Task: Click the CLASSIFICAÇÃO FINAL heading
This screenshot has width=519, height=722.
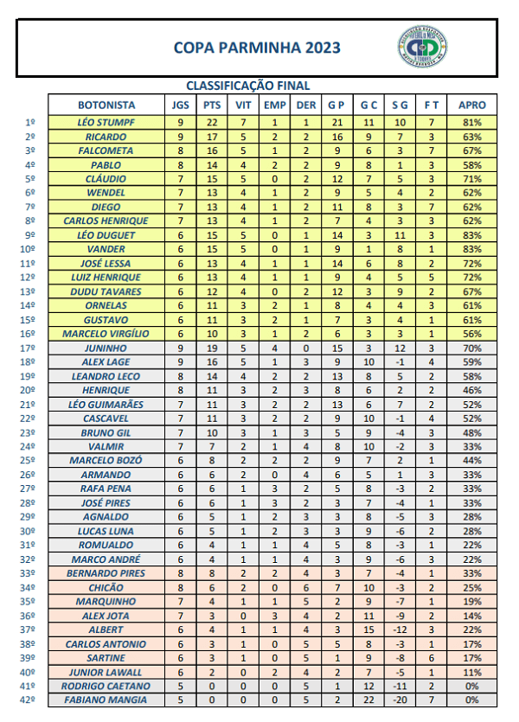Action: pyautogui.click(x=248, y=86)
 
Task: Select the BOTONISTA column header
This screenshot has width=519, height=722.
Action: pyautogui.click(x=106, y=105)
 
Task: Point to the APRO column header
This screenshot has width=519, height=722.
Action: pyautogui.click(x=471, y=105)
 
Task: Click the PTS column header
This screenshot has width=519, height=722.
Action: pyautogui.click(x=212, y=105)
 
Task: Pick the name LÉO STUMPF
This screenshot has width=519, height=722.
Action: pyautogui.click(x=106, y=123)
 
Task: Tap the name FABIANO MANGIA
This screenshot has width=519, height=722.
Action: pyautogui.click(x=106, y=700)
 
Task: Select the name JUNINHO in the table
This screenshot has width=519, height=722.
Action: pyautogui.click(x=106, y=348)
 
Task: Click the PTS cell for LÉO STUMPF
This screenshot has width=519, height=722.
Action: pyautogui.click(x=212, y=123)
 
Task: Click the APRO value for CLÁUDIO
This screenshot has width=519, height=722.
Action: pyautogui.click(x=471, y=179)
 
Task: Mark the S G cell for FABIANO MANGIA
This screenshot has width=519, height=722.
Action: pyautogui.click(x=399, y=700)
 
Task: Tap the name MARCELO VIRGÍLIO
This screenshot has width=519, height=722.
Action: pyautogui.click(x=106, y=334)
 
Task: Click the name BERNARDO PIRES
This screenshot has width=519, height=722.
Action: pyautogui.click(x=106, y=573)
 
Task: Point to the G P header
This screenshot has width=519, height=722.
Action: pyautogui.click(x=336, y=105)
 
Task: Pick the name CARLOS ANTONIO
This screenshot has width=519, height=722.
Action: pyautogui.click(x=106, y=644)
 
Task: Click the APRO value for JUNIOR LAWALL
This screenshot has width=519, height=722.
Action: pyautogui.click(x=471, y=672)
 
